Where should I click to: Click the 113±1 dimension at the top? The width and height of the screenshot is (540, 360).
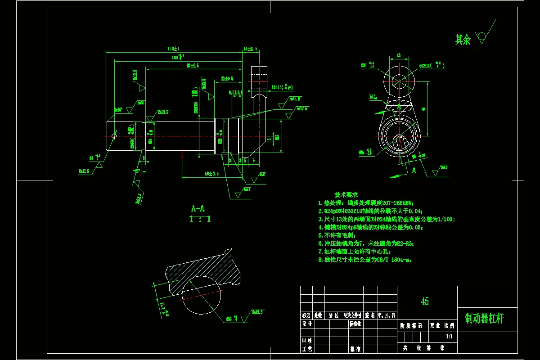[x=173, y=49]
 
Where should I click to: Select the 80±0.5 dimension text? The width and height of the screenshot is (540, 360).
[x=193, y=66]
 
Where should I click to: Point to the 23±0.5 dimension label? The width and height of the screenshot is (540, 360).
[x=227, y=79]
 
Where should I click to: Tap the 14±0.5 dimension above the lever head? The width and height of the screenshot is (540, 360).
[x=250, y=49]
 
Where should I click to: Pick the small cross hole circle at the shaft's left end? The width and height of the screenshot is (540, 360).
[x=114, y=136]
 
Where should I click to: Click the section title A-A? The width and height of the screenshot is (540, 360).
[x=198, y=209]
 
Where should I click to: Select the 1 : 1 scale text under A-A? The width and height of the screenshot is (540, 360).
[x=200, y=220]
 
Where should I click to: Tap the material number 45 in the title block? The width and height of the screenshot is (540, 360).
[x=424, y=301]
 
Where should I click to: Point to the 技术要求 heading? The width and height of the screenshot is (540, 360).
[x=346, y=195]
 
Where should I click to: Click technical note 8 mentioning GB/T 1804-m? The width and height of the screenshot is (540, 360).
[x=365, y=260]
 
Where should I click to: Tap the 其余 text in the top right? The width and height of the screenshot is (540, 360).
[x=463, y=40]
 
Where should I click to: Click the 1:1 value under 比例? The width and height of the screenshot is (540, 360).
[x=449, y=336]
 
